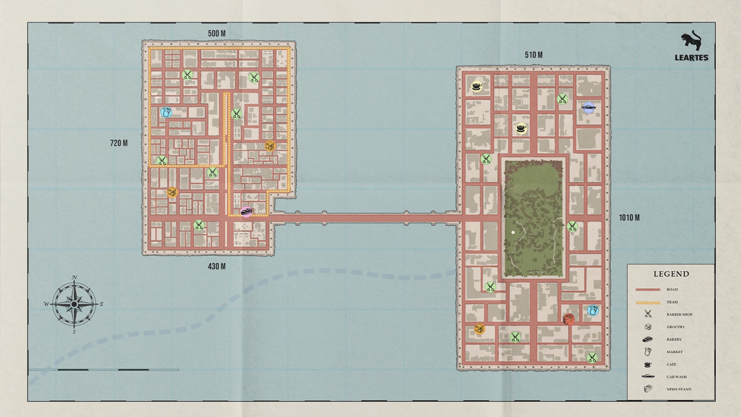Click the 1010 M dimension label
629,218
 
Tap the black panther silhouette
691,40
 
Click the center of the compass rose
74,304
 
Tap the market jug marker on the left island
166,112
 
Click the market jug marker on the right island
593,310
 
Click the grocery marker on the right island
479,329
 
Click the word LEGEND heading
671,274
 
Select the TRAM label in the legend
672,302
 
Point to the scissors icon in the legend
648,314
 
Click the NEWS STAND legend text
679,389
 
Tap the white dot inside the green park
513,232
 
